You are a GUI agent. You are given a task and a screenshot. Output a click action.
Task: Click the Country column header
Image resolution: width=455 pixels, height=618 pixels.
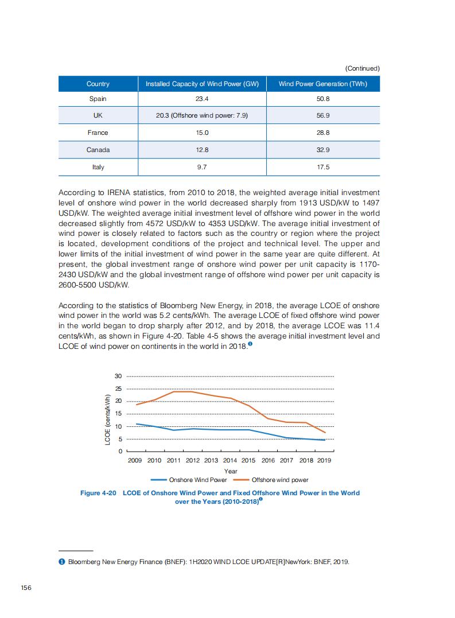point(98,84)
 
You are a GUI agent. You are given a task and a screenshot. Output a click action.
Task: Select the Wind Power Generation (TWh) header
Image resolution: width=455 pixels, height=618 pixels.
point(322,84)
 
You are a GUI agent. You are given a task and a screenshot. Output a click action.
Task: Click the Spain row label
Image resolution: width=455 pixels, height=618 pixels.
point(98,99)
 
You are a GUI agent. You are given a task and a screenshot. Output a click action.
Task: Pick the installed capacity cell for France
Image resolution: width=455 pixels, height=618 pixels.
point(202,133)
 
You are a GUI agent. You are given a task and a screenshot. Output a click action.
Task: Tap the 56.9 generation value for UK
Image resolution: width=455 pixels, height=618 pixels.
point(322,115)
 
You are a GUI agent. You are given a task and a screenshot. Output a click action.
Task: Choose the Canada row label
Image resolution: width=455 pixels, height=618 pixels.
point(98,150)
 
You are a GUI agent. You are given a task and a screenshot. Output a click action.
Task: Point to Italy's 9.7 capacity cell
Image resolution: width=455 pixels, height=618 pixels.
point(202,167)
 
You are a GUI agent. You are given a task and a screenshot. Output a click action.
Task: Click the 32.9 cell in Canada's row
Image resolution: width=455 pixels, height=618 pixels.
point(322,150)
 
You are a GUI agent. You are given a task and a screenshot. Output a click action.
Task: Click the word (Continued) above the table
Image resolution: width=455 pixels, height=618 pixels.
point(362,68)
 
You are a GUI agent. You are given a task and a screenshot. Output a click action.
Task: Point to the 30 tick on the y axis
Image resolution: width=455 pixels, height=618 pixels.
point(118,376)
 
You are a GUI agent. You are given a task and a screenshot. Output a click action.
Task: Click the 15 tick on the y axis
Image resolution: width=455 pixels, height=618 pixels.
point(118,414)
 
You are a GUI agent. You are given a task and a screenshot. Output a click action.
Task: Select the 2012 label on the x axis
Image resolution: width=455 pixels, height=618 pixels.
point(193,460)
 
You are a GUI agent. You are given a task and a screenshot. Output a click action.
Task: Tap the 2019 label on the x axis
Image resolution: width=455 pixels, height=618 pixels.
point(324,460)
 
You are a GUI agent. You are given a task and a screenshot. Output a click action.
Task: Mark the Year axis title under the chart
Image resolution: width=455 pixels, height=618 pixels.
point(230,471)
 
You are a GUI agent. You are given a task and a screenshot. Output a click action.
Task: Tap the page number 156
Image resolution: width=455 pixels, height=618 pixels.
point(25,587)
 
